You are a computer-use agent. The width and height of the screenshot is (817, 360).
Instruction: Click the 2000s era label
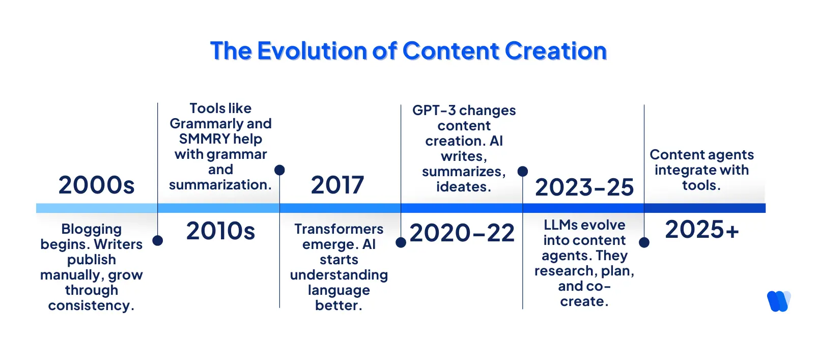click(x=96, y=185)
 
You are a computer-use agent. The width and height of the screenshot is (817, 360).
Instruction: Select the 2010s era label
click(x=220, y=231)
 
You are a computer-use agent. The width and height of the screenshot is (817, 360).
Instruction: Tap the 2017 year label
click(x=337, y=185)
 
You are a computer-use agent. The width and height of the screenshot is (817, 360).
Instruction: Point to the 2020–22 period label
click(x=462, y=233)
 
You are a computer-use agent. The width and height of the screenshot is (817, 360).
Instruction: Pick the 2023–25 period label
click(x=584, y=187)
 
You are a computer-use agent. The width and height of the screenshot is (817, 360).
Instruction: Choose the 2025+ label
click(x=702, y=230)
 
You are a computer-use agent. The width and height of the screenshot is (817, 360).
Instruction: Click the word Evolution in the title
click(x=312, y=51)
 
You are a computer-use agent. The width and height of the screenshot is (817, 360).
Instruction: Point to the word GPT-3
click(x=434, y=110)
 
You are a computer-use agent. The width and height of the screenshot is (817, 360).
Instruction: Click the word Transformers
click(x=339, y=229)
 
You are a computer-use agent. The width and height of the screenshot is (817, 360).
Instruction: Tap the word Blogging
click(x=92, y=229)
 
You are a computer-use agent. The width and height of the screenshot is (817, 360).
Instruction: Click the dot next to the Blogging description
click(x=158, y=240)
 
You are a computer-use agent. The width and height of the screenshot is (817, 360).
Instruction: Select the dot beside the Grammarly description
click(x=279, y=170)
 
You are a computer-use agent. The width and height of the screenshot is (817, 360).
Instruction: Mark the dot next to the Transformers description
click(x=401, y=242)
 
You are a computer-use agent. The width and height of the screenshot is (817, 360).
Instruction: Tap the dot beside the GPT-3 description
click(x=523, y=172)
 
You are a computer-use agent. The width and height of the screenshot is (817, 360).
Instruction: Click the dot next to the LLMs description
click(x=644, y=242)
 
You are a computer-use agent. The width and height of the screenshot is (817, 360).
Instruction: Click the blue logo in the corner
click(x=778, y=301)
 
